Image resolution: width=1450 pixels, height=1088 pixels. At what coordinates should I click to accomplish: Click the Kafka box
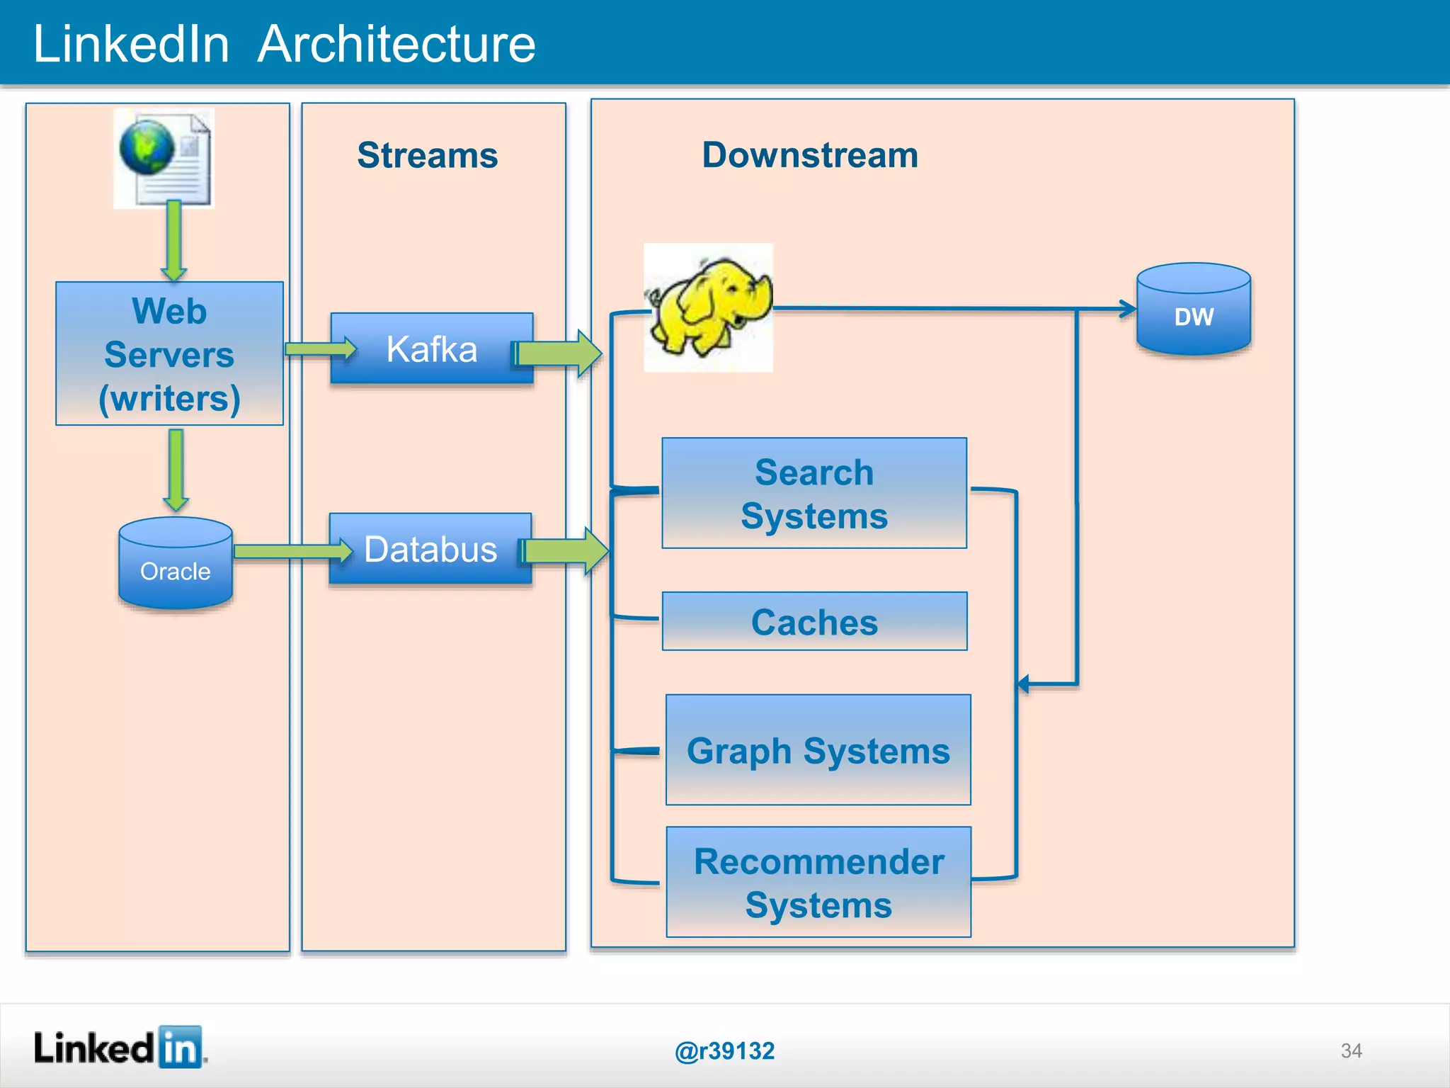tap(431, 348)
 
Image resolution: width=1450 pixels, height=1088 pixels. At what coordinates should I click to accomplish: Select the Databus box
tap(430, 549)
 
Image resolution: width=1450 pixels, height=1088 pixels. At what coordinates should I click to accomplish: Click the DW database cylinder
tap(1194, 310)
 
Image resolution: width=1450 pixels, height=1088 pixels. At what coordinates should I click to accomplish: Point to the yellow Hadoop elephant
tap(708, 307)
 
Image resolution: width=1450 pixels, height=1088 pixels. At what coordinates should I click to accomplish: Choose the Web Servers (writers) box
tap(170, 353)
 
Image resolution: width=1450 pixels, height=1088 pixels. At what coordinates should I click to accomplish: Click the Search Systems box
tap(814, 493)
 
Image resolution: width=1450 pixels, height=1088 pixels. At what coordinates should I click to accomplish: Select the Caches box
tap(814, 621)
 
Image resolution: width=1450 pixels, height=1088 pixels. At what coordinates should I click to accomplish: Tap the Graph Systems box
tap(818, 749)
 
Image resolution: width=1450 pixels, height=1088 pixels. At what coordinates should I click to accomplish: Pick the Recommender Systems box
tap(818, 882)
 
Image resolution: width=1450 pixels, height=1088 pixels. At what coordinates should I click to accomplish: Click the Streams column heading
tap(428, 155)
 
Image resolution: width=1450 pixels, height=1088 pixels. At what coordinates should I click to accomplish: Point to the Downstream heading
tap(810, 155)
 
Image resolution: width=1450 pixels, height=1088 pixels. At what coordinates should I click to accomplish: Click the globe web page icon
tap(164, 158)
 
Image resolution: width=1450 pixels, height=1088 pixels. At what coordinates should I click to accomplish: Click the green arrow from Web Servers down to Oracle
tap(176, 469)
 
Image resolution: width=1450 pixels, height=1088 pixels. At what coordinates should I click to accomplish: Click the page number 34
tap(1351, 1050)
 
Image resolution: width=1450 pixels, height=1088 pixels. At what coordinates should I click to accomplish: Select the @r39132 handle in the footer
tap(724, 1050)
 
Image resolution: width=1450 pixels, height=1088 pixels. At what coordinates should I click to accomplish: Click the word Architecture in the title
tap(396, 44)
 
